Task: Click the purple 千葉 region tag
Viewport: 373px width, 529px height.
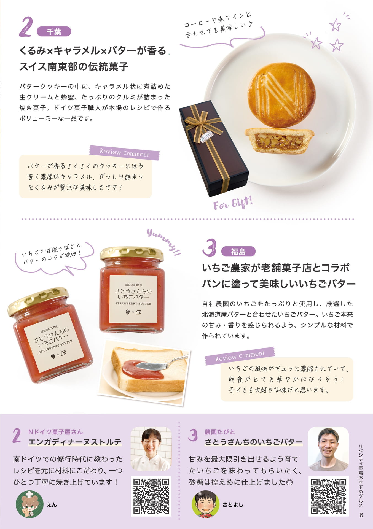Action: [x=54, y=32]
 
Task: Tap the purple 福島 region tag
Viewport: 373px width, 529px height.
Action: [x=238, y=251]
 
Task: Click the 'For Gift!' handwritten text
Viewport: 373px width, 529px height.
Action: [x=233, y=203]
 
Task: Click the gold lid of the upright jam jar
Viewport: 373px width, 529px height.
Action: [x=132, y=253]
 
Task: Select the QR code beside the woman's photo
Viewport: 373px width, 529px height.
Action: [x=151, y=496]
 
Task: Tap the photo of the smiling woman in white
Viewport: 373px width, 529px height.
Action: [x=151, y=449]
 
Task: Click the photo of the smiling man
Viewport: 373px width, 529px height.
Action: [x=328, y=449]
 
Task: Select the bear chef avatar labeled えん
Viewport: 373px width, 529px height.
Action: [x=29, y=504]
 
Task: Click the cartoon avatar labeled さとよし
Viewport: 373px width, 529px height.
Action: [x=205, y=504]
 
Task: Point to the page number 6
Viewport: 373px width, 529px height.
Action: [x=361, y=515]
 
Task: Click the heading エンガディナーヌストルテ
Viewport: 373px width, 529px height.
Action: [x=75, y=442]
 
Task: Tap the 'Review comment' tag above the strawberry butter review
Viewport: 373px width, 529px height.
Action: [x=240, y=356]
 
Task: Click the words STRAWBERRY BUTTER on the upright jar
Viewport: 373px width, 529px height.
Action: [x=133, y=303]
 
